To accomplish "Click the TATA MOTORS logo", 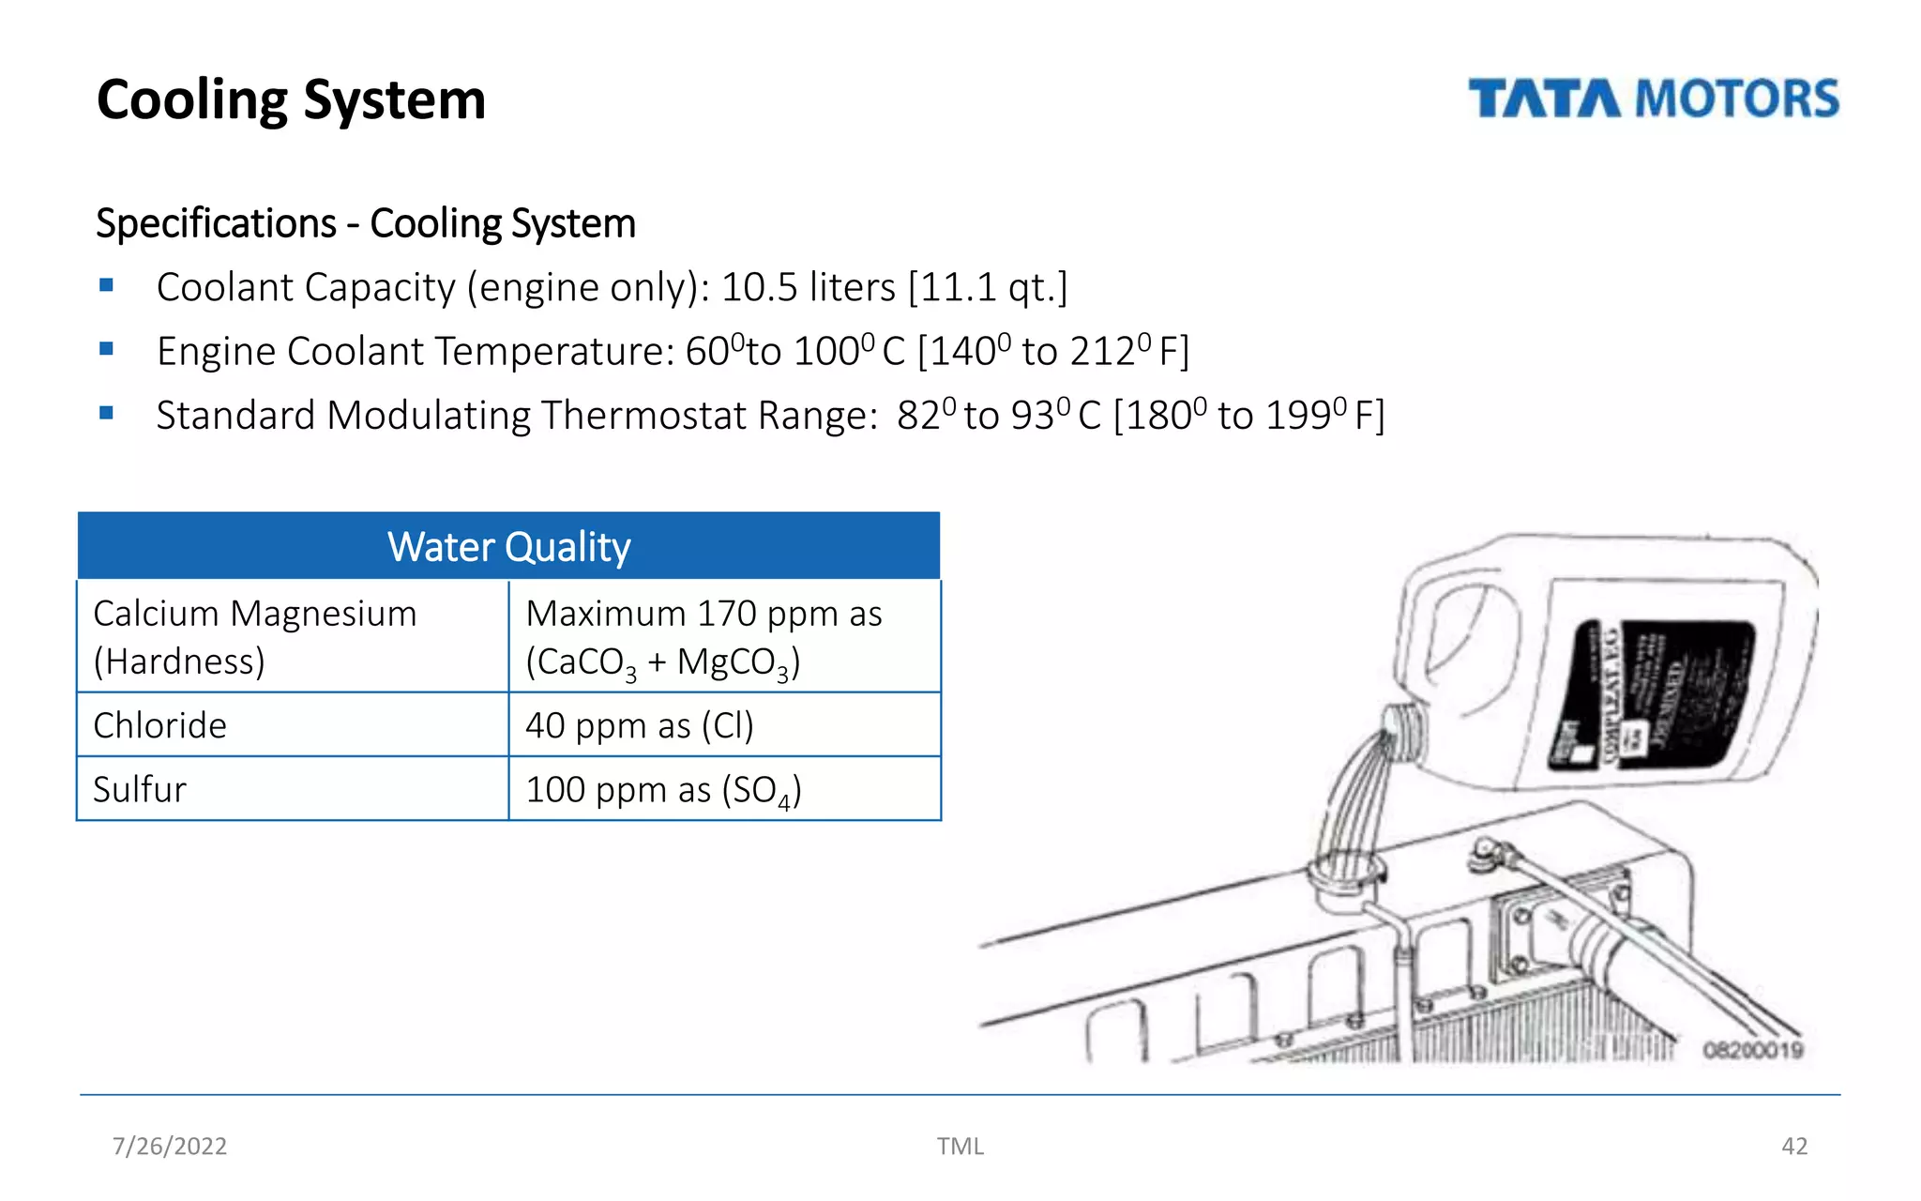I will (1653, 99).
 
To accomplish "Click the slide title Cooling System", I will (291, 99).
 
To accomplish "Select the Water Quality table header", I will (508, 546).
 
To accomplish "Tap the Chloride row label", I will (160, 725).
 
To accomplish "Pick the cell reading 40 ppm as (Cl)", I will (639, 725).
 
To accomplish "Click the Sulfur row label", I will (140, 789).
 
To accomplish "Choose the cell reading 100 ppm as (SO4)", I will (662, 790).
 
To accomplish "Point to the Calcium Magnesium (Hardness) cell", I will (254, 637).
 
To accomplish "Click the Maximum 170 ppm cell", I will (703, 637).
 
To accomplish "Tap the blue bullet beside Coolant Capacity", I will (106, 285).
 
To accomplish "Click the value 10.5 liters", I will (808, 287).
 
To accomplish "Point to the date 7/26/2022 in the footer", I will (170, 1146).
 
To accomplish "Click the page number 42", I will (1793, 1146).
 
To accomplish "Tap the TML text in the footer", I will (960, 1146).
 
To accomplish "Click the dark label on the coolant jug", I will (1651, 694).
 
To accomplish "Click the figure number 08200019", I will (1752, 1050).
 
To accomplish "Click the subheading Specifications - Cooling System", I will (366, 223).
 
